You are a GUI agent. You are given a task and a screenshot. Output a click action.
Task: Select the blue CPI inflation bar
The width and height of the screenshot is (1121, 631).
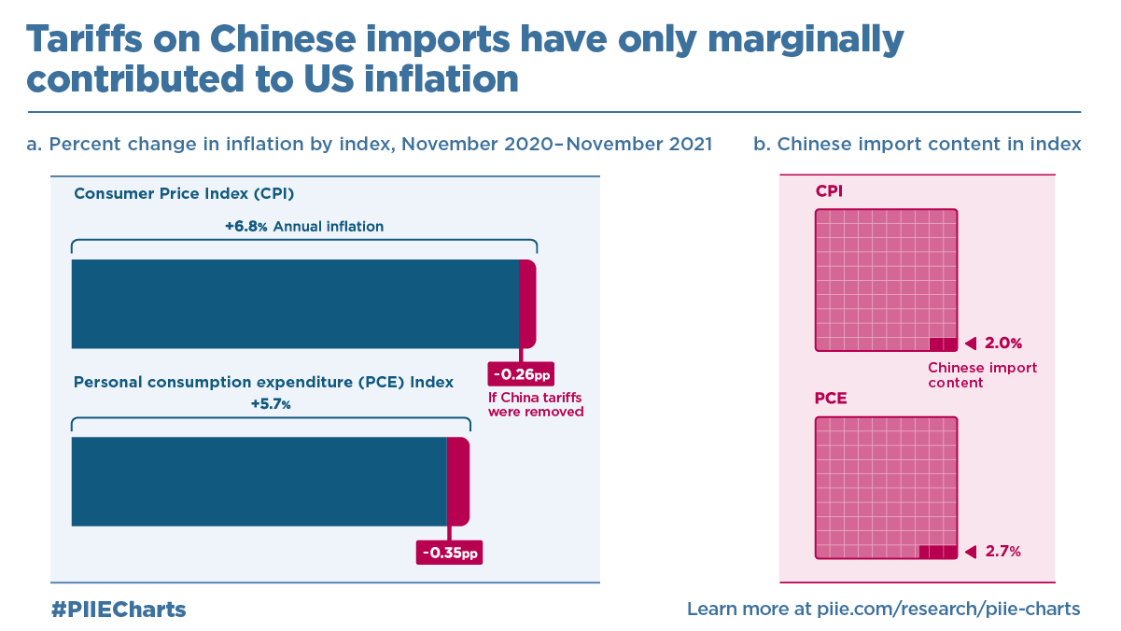[x=294, y=304]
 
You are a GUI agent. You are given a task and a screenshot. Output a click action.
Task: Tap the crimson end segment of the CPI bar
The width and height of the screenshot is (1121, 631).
[x=527, y=304]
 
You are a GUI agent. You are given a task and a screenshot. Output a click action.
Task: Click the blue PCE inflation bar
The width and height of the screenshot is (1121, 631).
[x=259, y=482]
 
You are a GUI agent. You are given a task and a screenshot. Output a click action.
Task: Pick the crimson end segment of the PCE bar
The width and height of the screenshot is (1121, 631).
[x=457, y=482]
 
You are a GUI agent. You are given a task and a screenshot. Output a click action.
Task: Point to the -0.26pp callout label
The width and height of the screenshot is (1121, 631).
[x=521, y=375]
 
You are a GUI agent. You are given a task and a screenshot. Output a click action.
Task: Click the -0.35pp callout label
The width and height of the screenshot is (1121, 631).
[x=450, y=553]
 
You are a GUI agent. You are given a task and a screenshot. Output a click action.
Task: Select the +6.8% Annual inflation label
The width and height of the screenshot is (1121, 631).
[x=304, y=227]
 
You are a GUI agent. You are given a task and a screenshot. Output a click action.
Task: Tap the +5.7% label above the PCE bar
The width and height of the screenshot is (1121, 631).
[x=271, y=405]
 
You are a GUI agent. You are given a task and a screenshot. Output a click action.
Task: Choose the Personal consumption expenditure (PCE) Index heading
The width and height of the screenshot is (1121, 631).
[x=263, y=383]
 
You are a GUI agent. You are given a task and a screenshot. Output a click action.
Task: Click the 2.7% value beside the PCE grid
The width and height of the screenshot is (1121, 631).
[x=1003, y=552]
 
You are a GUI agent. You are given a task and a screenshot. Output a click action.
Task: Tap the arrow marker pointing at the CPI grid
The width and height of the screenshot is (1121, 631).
[x=970, y=343]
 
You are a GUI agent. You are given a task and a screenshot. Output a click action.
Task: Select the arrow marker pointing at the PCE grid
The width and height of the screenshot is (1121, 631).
[x=970, y=552]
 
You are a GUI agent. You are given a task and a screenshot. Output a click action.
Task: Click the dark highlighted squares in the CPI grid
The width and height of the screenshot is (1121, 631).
[x=944, y=344]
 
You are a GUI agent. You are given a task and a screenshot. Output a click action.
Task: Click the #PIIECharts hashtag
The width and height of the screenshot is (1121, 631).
[x=119, y=610]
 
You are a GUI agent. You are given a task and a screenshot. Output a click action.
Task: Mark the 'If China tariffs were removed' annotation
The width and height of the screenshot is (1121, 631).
[x=536, y=404]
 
